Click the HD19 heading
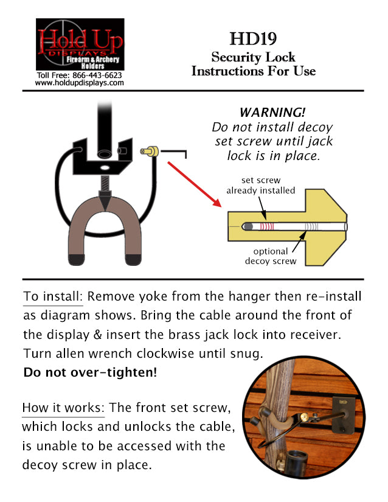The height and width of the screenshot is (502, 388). click(x=253, y=40)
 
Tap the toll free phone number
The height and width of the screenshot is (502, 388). click(x=80, y=75)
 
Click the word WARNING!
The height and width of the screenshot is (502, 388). click(x=272, y=113)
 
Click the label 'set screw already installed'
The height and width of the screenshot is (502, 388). click(x=260, y=186)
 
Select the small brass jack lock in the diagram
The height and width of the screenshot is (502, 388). click(x=150, y=150)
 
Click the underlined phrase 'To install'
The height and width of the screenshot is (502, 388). click(x=52, y=297)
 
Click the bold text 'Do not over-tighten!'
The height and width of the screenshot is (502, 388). click(x=89, y=372)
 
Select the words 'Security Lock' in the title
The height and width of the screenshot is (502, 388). click(x=253, y=57)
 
